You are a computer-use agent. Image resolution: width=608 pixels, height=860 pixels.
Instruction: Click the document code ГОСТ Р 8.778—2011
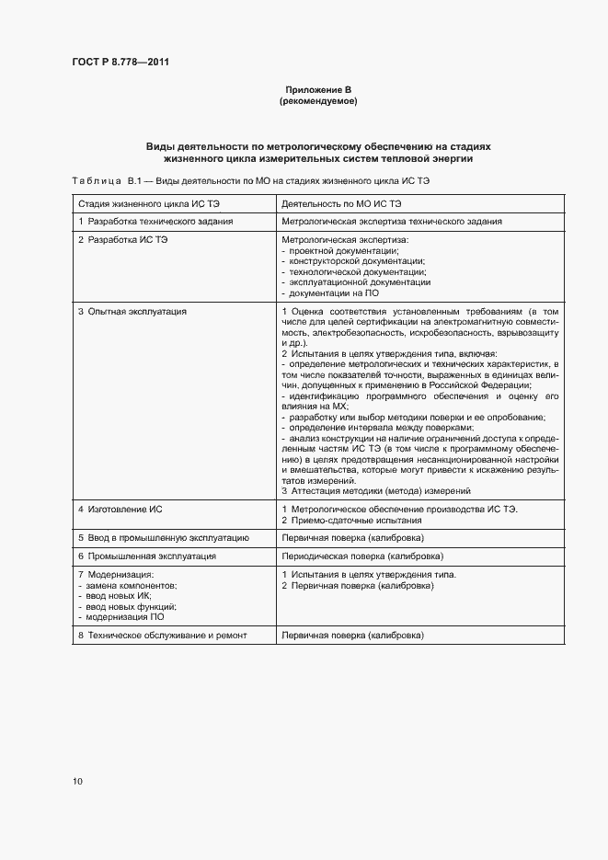[120, 63]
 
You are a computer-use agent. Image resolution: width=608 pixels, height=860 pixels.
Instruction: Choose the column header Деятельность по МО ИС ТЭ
[341, 202]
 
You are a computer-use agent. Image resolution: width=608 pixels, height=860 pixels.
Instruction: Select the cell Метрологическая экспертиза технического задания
[391, 222]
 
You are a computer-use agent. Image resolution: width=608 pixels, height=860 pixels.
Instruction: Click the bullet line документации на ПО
[329, 293]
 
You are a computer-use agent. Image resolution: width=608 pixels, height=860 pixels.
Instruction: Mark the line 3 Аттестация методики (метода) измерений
[375, 491]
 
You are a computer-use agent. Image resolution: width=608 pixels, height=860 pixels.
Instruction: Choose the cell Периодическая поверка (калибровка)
[362, 556]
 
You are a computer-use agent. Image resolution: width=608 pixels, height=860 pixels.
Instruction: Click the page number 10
[77, 782]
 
